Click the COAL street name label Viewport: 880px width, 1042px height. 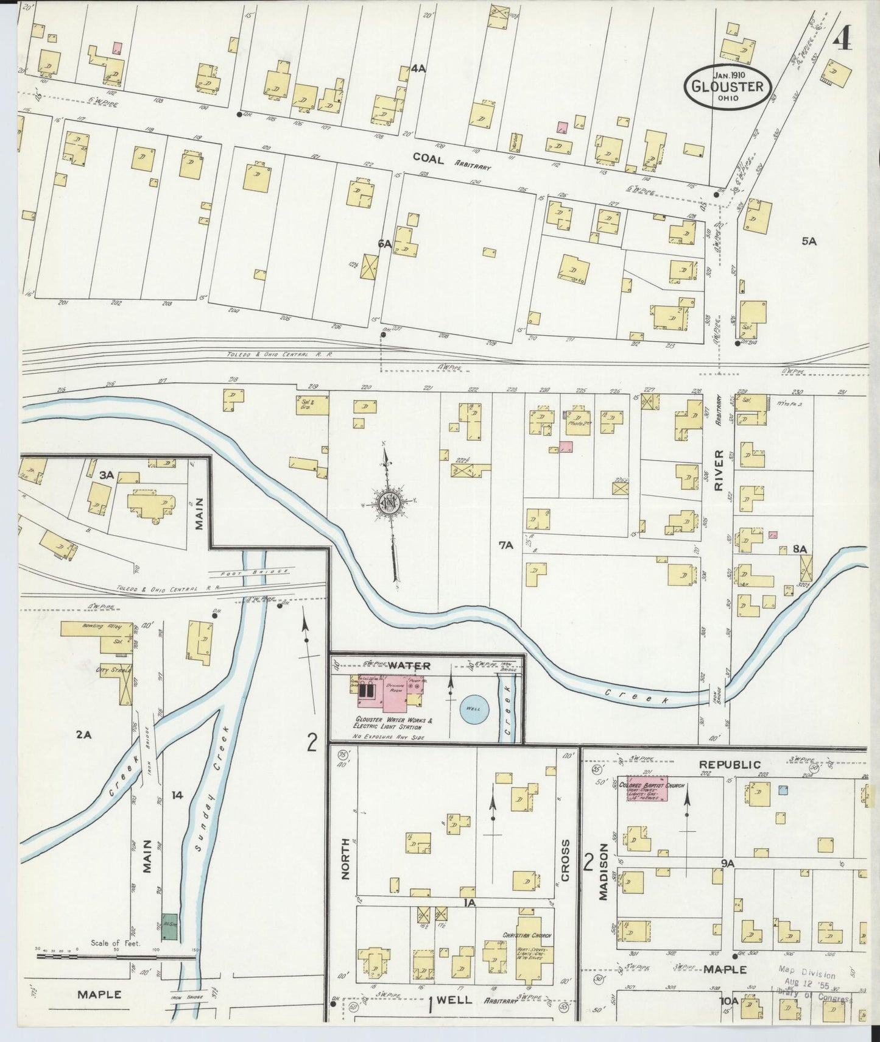pos(428,157)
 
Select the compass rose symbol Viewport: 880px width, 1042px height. pos(387,502)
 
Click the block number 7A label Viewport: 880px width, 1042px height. pos(506,546)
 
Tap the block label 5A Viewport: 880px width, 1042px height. pos(808,241)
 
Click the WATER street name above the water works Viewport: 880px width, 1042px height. pos(409,665)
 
